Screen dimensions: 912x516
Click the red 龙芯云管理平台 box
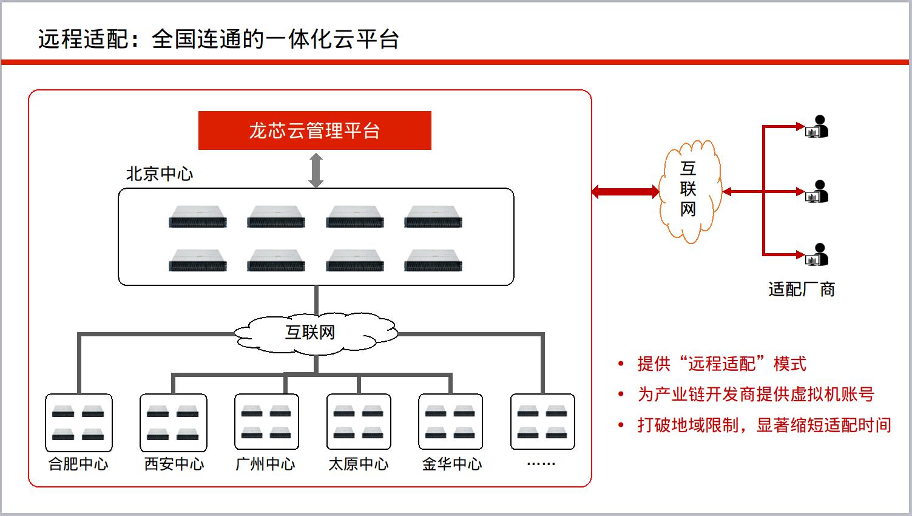(x=315, y=131)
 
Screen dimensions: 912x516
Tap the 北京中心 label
(x=159, y=174)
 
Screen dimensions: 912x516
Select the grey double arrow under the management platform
(x=316, y=170)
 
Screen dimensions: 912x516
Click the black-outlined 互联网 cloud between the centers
(x=316, y=333)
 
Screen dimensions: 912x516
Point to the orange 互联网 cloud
(x=690, y=191)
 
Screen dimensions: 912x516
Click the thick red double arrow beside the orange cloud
(x=626, y=191)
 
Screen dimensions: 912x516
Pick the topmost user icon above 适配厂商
(x=817, y=126)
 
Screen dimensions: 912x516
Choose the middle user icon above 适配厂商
(x=817, y=191)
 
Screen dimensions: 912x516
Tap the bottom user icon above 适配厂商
(x=817, y=254)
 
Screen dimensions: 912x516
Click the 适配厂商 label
(x=801, y=290)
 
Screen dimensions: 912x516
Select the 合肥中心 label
(x=78, y=464)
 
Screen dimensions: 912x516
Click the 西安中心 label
(x=174, y=464)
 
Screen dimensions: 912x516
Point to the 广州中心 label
(x=265, y=464)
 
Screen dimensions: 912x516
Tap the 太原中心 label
(x=358, y=464)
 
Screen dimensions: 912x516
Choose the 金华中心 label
(x=451, y=464)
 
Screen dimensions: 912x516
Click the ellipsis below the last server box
(x=541, y=464)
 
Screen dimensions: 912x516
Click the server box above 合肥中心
(x=78, y=423)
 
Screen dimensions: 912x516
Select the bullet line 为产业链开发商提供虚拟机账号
(x=755, y=394)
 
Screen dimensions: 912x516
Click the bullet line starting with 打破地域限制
(x=764, y=425)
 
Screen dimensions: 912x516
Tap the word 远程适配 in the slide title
(x=84, y=39)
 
